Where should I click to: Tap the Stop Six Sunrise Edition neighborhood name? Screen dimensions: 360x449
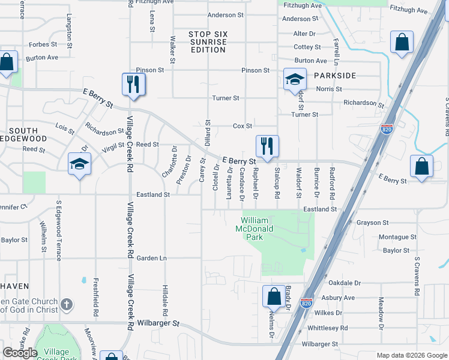tap(208, 42)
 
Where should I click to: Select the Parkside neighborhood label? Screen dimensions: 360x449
tap(334, 76)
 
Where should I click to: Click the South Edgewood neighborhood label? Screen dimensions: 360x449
tap(23, 134)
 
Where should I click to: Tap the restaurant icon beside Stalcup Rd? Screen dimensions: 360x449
tap(265, 146)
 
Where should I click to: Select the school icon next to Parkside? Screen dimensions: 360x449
tap(295, 80)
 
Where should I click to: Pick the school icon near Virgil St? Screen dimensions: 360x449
tap(79, 164)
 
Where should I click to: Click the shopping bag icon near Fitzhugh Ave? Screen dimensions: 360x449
tap(402, 43)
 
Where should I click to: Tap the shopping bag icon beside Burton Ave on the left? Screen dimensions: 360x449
tap(7, 62)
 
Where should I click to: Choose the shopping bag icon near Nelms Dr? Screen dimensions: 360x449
tap(274, 297)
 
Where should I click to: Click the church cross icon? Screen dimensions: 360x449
tap(67, 305)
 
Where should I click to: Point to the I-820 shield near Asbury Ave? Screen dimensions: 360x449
tap(307, 303)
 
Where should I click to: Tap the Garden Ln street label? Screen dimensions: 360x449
tap(151, 258)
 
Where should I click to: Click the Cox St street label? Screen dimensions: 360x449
tap(243, 126)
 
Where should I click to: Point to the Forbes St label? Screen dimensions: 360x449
tap(43, 44)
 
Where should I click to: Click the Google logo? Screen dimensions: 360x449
tap(20, 353)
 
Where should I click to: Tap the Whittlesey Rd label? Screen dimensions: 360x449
tap(327, 328)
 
